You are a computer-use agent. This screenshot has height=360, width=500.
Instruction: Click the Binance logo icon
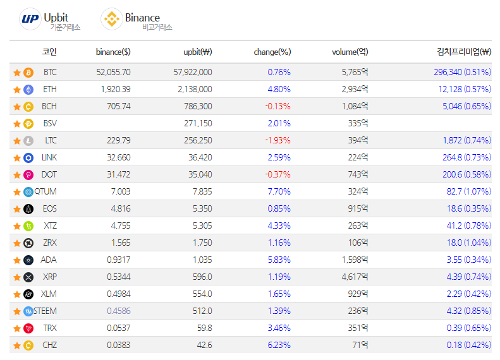[112, 19]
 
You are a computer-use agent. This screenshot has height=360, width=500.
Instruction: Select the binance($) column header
[113, 52]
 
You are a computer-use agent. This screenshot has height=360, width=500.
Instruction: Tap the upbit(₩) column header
[197, 52]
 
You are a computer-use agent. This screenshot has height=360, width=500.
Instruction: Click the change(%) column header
[272, 52]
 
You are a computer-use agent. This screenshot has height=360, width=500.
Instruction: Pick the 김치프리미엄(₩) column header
[464, 52]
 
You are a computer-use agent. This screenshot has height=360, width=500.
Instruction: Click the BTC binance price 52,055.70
[113, 73]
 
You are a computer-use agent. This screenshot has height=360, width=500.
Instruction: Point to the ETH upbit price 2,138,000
[195, 90]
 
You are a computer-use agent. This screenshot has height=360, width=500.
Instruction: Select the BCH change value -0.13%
[278, 107]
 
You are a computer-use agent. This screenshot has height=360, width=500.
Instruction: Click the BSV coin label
[49, 124]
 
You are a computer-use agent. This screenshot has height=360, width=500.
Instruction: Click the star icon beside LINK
[16, 158]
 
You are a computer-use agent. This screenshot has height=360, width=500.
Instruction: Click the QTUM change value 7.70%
[279, 192]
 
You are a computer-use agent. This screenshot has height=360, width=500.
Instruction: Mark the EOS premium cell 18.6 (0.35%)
[468, 209]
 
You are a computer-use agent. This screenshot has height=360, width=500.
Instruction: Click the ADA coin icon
[28, 260]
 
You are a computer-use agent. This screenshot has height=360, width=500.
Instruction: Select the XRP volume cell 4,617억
[355, 277]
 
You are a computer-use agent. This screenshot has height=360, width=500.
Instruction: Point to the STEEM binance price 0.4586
[119, 311]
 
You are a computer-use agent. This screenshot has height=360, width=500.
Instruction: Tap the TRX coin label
[49, 328]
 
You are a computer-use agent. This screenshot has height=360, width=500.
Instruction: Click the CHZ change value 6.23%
[279, 345]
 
